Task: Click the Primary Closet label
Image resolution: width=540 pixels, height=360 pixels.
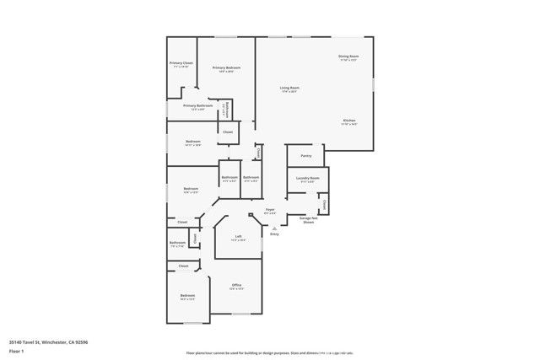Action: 181,64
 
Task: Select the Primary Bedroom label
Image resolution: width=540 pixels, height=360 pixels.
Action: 226,68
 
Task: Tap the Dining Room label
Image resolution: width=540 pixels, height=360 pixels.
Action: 348,57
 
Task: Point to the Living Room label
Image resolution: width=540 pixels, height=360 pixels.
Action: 290,89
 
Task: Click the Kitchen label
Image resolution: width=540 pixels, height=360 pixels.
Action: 349,121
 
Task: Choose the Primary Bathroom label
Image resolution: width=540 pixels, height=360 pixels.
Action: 197,106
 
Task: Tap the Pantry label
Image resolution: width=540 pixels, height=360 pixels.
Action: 305,156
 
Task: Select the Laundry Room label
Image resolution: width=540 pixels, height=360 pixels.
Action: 307,179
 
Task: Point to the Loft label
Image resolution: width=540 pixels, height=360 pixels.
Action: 239,237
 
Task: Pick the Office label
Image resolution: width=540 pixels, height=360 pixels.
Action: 237,287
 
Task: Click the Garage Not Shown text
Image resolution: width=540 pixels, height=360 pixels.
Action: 308,220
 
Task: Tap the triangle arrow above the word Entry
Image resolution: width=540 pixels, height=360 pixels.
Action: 273,228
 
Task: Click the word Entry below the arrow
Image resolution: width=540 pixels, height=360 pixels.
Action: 273,234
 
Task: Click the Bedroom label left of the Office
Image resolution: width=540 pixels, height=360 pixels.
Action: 186,296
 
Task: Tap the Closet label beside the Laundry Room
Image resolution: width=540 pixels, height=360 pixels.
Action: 323,203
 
